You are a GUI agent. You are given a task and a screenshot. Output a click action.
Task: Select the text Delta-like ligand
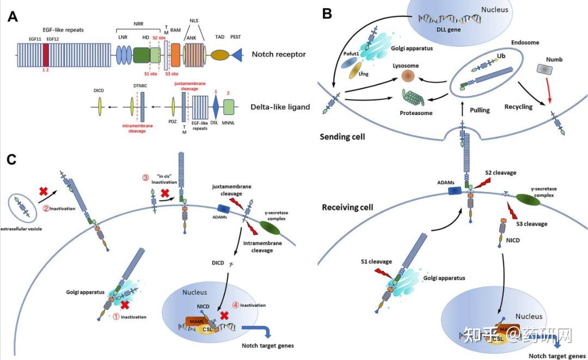coord(281,107)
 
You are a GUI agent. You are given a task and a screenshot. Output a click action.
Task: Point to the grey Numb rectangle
coord(544,69)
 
